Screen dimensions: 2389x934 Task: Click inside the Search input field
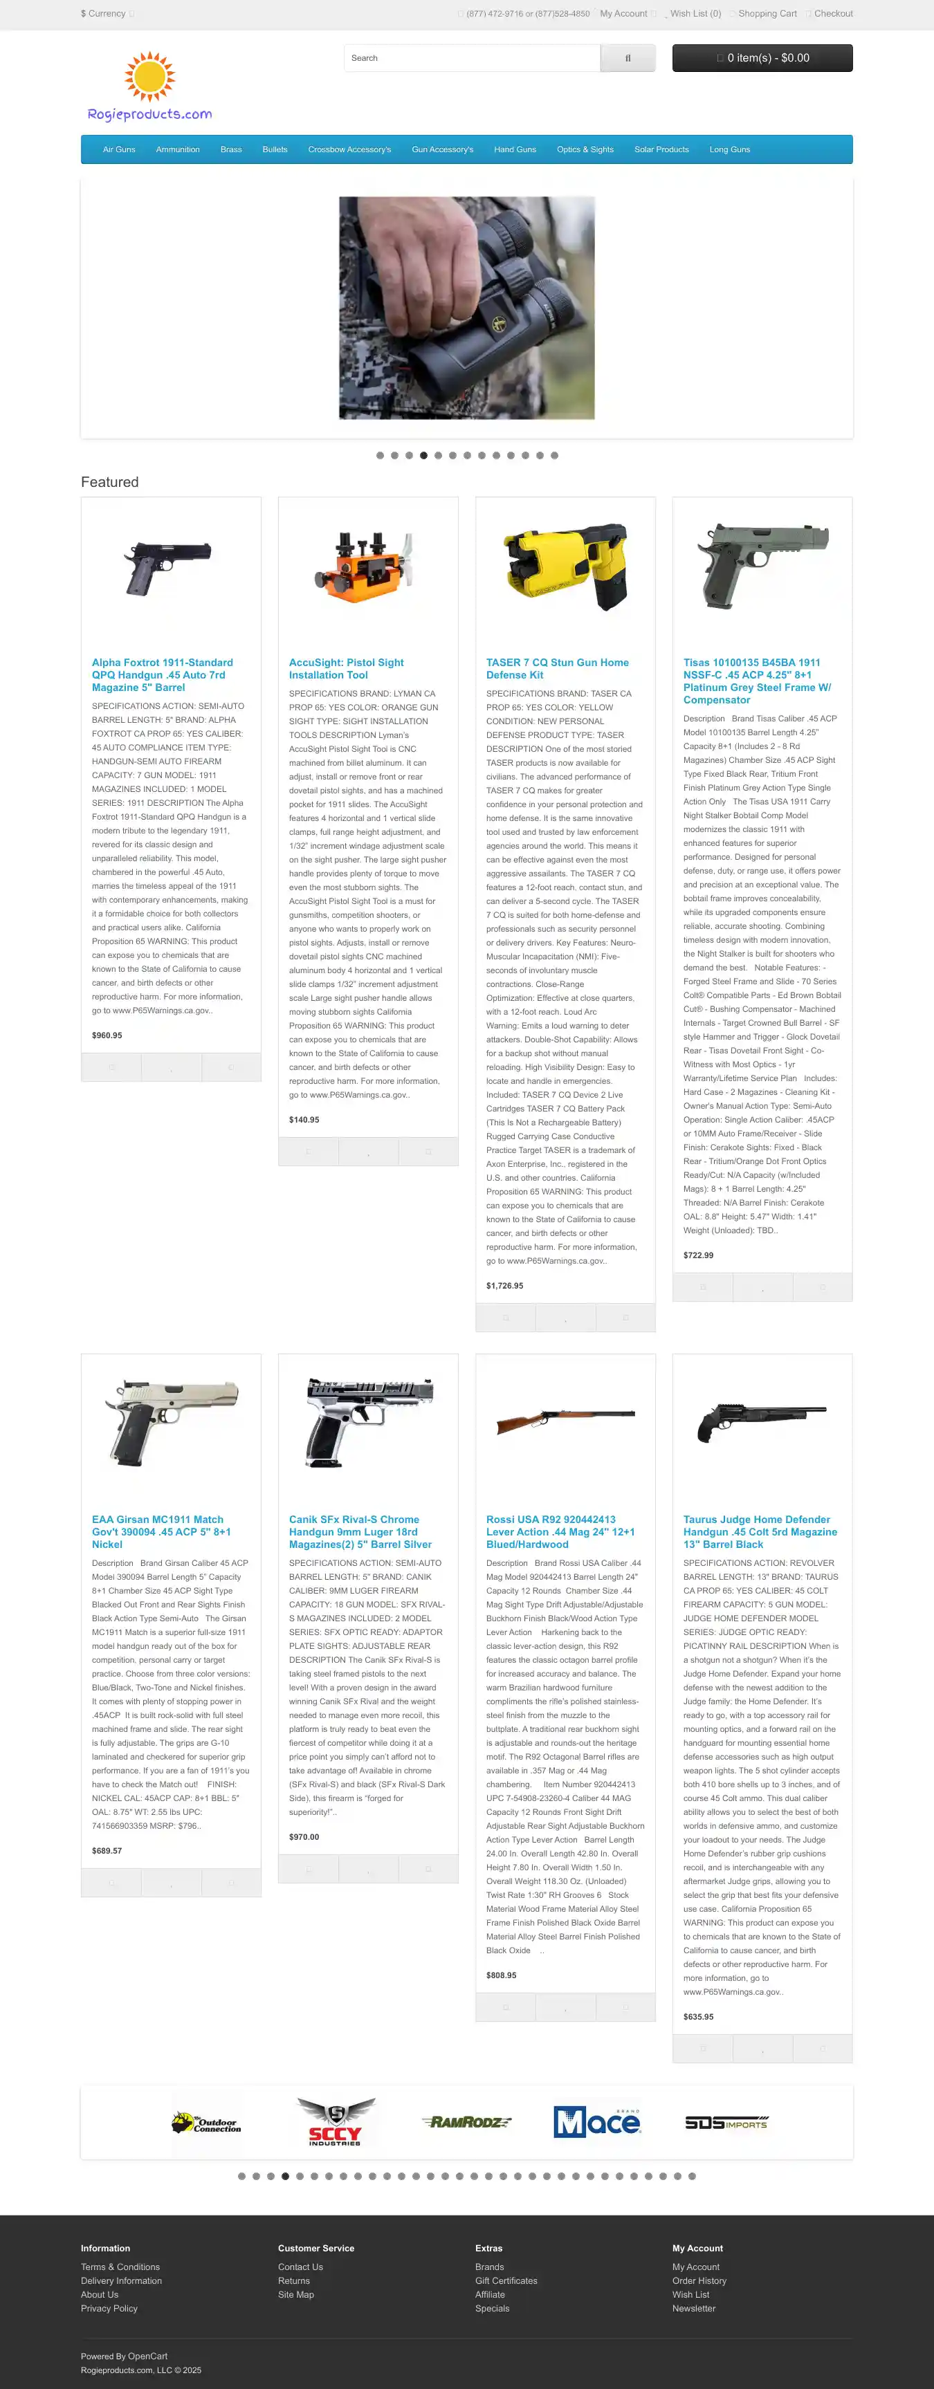coord(471,58)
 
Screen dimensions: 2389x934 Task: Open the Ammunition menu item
coord(177,149)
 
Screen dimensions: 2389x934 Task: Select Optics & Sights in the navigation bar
coord(585,149)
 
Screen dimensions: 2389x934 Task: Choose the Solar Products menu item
coord(661,149)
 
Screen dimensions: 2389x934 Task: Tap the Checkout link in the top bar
coord(833,14)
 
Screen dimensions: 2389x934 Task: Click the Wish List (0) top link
coord(695,14)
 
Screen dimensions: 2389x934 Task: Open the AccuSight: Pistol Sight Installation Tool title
coord(346,669)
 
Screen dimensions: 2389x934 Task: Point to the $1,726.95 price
coord(504,1285)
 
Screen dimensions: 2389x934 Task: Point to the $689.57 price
coord(107,1850)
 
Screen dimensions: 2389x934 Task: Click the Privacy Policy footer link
coord(109,2308)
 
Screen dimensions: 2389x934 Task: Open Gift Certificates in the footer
coord(506,2280)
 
